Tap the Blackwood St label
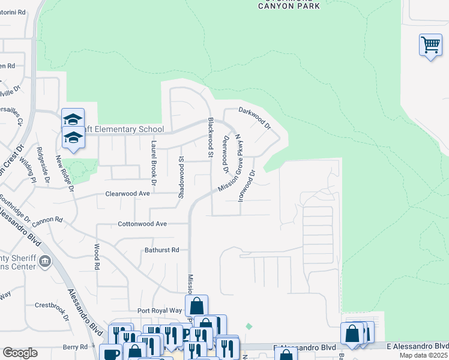(211, 137)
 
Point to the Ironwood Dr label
(246, 185)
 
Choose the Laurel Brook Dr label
(154, 158)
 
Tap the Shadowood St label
(180, 176)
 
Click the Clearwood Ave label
(127, 194)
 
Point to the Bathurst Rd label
(161, 250)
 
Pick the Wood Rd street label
(96, 256)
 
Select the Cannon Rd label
(48, 220)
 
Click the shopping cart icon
(430, 44)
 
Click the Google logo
(20, 353)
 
